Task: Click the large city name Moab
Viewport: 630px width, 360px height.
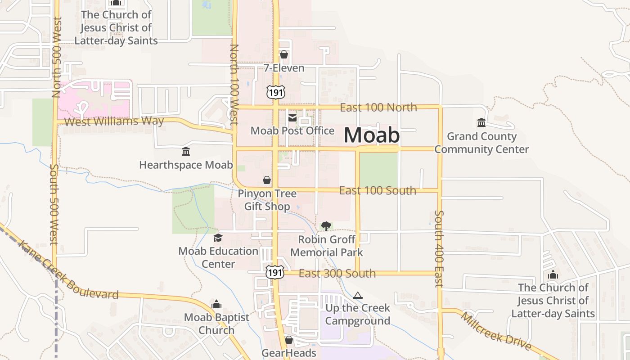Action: point(372,135)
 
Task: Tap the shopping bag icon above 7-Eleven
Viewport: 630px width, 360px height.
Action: point(284,55)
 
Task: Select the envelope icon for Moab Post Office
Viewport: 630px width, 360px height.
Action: point(292,118)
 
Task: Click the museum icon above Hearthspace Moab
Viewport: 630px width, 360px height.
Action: point(185,152)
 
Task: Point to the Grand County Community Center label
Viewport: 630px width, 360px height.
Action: point(481,143)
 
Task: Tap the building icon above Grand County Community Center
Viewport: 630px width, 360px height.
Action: point(481,122)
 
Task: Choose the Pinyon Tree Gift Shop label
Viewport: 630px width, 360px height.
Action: point(267,200)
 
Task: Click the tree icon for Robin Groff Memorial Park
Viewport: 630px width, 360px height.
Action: point(326,226)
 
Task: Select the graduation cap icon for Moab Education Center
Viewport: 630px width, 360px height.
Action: point(218,238)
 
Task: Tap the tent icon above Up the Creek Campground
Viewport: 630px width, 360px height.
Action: point(358,296)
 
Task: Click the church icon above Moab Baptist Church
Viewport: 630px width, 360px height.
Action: point(216,305)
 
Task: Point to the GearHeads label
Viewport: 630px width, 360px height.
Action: point(289,353)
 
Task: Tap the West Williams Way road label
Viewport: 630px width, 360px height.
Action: point(114,121)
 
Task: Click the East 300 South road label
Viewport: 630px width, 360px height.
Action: point(337,273)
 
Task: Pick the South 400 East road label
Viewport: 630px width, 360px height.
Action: point(439,248)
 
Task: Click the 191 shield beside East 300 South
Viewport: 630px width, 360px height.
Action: point(274,272)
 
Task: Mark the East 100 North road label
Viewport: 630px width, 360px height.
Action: point(378,108)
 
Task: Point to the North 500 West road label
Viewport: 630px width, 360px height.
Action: point(57,57)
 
